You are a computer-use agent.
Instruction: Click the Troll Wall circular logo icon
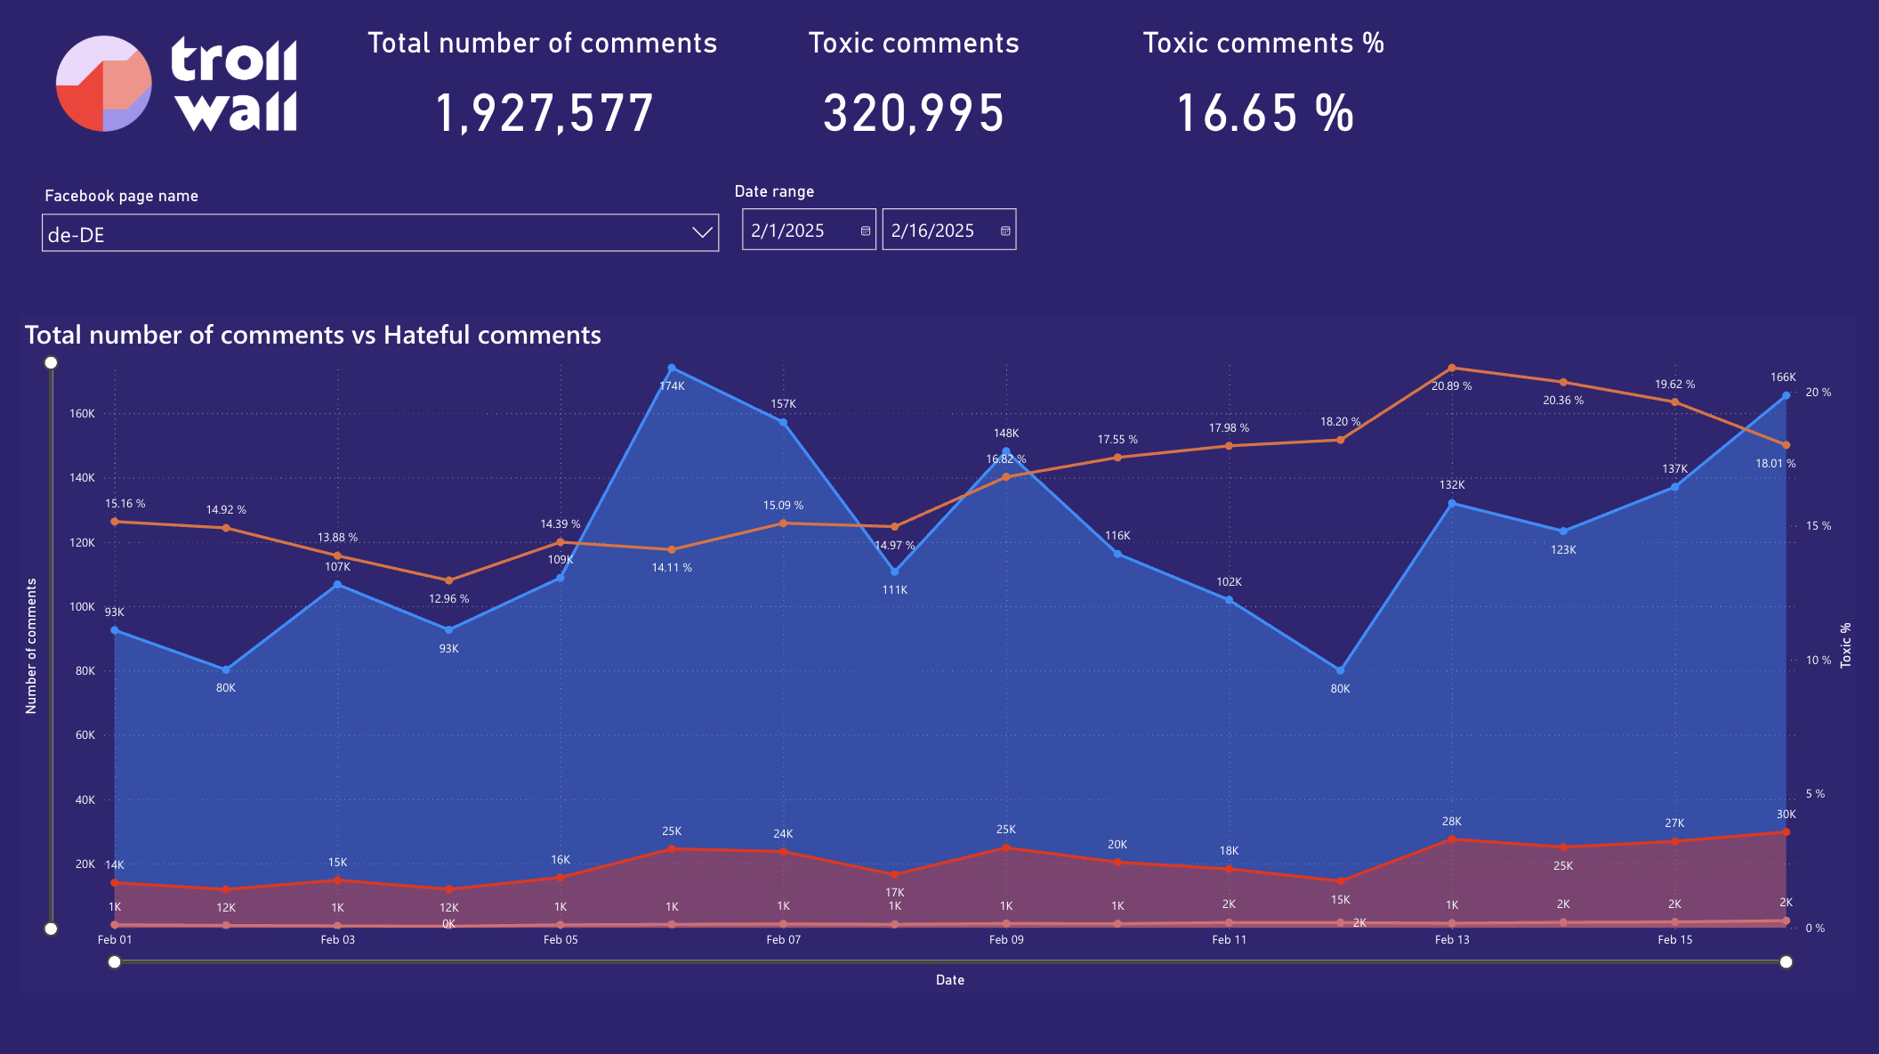[103, 84]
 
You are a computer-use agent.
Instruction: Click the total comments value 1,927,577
[544, 114]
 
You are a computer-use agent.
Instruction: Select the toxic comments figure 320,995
[914, 114]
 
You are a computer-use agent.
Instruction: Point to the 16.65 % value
[1264, 114]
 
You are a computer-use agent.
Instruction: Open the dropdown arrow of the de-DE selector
[702, 233]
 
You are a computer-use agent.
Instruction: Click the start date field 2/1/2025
[798, 231]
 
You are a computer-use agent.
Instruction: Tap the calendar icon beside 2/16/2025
[1005, 231]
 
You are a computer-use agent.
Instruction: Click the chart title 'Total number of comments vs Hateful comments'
[313, 335]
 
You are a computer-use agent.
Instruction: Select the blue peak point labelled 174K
[672, 368]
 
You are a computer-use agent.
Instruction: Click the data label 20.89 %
[1451, 386]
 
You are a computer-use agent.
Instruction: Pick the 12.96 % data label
[448, 599]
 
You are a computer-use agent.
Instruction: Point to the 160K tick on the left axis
[83, 414]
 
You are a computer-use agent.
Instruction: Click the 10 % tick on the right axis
[1818, 661]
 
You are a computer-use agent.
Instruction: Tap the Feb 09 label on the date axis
[1006, 940]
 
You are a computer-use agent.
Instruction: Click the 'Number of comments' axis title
[31, 646]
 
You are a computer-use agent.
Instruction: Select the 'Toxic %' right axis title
[1846, 645]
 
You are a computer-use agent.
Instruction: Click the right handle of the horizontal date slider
[1786, 961]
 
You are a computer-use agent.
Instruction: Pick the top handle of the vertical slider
[52, 362]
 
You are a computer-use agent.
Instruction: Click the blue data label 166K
[1783, 377]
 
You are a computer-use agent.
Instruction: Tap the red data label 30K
[1786, 815]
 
